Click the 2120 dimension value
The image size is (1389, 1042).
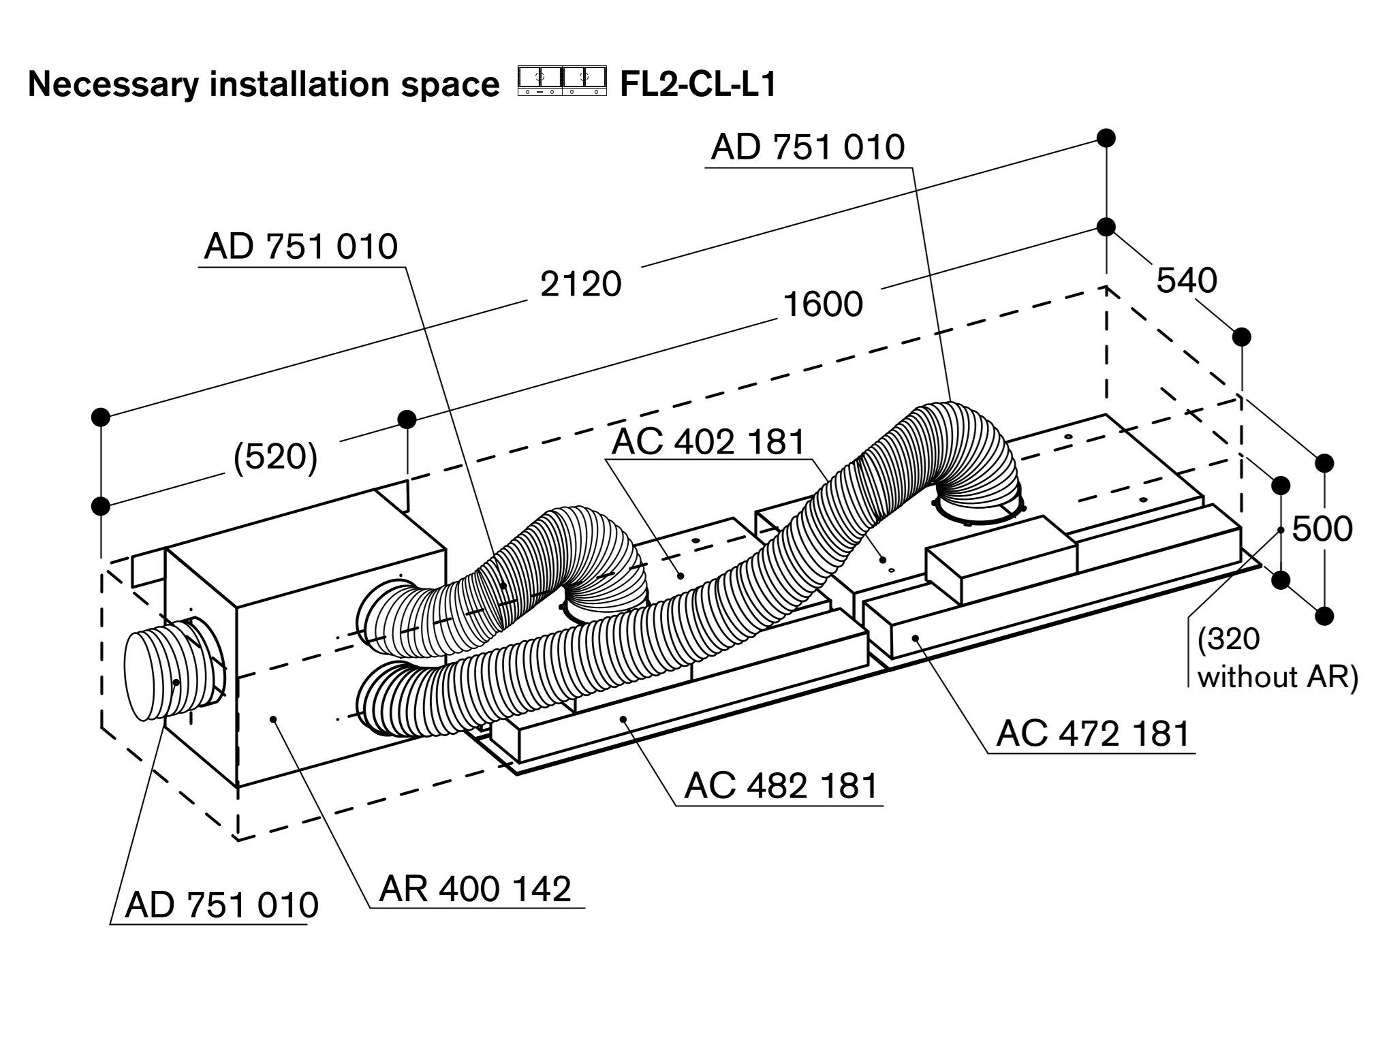point(580,284)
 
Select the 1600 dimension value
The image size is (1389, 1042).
point(823,304)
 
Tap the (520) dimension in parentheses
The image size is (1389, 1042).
point(275,458)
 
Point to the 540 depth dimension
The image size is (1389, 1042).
point(1186,281)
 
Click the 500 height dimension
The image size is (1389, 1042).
point(1322,529)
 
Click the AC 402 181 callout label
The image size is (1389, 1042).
point(708,441)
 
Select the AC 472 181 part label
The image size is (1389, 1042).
point(1093,733)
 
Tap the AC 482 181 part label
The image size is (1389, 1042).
point(781,785)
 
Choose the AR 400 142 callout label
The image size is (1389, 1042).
point(475,889)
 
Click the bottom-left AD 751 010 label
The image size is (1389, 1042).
point(221,904)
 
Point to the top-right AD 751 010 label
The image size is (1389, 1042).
point(807,147)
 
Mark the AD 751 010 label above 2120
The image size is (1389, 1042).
point(300,247)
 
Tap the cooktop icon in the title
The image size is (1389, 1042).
point(561,81)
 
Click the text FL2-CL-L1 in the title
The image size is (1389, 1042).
point(698,85)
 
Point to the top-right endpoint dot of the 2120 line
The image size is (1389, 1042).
point(1106,138)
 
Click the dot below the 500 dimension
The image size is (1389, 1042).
point(1324,616)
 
